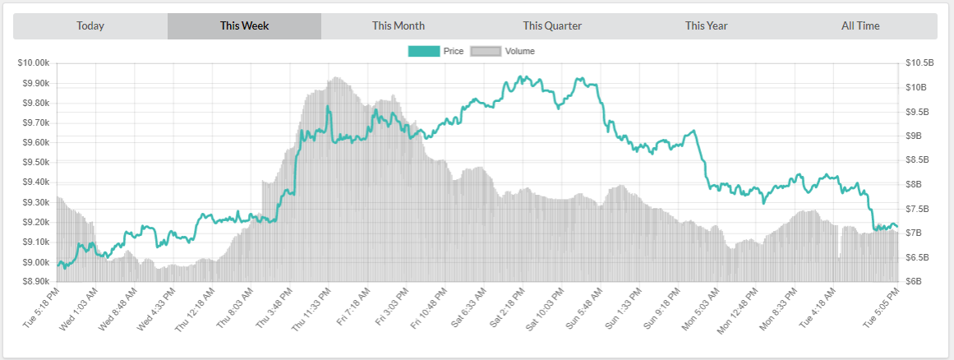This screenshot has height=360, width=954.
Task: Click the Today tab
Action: pos(90,25)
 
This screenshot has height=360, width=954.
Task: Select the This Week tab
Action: pos(244,25)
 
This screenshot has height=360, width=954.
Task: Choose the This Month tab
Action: pos(399,25)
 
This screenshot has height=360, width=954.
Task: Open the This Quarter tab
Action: pos(552,25)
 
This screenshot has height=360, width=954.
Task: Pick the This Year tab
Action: pos(707,25)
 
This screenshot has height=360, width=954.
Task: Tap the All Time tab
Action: pos(860,25)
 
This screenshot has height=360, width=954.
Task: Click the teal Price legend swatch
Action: pos(423,51)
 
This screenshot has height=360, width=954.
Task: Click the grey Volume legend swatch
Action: pos(485,51)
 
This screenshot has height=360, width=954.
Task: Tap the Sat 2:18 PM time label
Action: pos(507,309)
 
